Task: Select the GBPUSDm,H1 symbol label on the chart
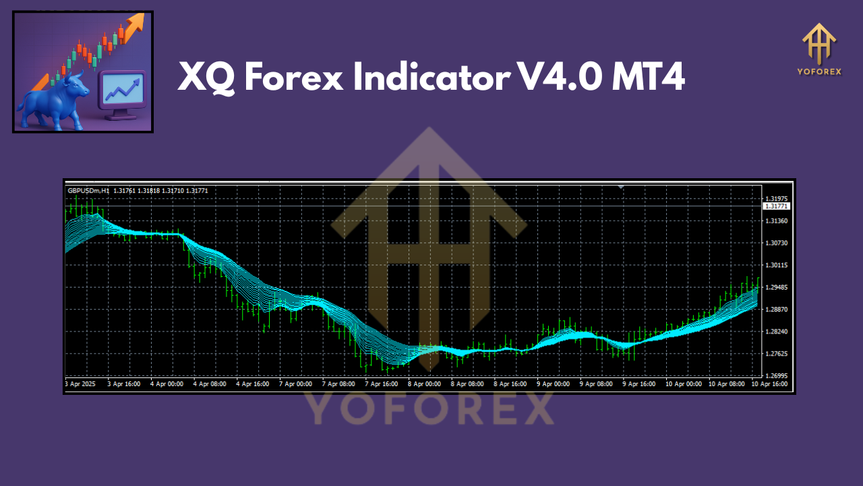pos(88,191)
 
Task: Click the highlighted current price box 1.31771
pos(776,206)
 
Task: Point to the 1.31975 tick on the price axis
pos(776,199)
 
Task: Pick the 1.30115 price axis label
pos(776,265)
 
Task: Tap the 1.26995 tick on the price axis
pos(776,376)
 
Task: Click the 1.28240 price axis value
pos(776,331)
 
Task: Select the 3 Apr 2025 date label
pos(80,383)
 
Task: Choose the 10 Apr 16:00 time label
pos(769,383)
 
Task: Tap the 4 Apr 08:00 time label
pos(210,383)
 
